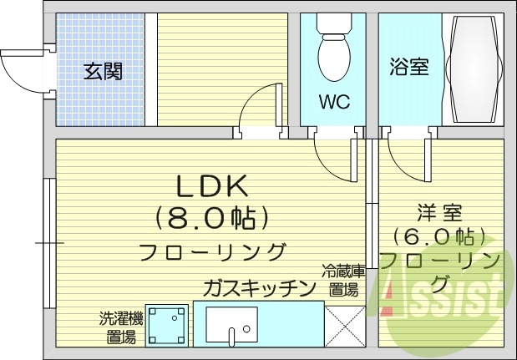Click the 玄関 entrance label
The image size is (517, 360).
point(103,71)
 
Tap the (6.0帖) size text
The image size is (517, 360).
point(440,236)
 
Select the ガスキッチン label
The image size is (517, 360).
point(259,288)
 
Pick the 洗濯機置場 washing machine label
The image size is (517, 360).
point(122,327)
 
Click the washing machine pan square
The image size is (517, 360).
point(170,324)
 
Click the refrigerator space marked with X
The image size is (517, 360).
point(345,325)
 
